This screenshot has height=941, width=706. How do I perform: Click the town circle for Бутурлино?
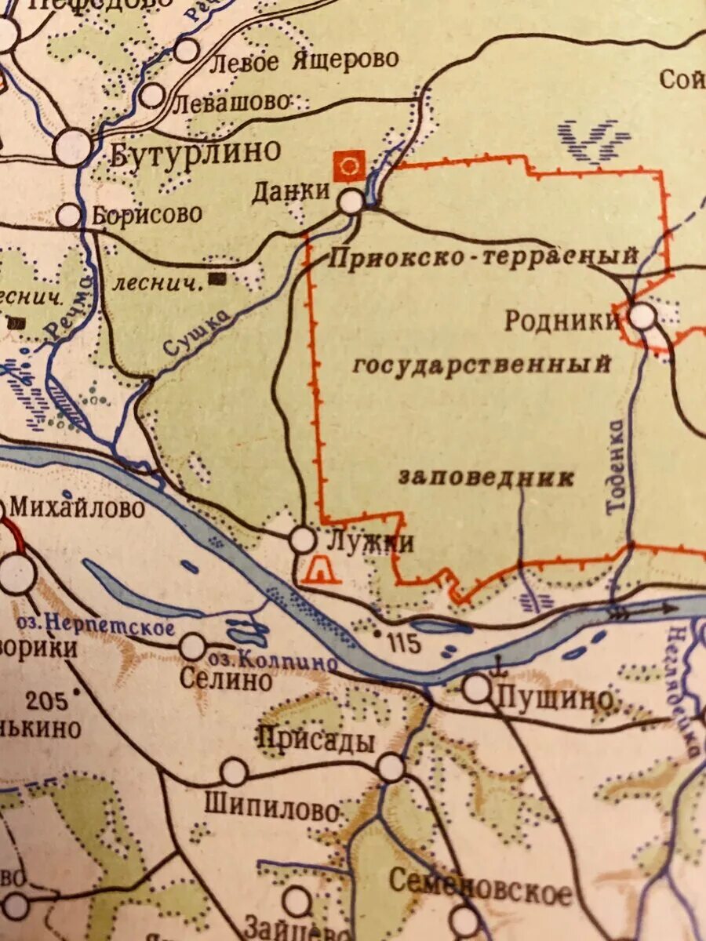[72, 147]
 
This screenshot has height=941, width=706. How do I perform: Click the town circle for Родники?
[642, 317]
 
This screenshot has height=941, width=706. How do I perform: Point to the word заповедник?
[486, 478]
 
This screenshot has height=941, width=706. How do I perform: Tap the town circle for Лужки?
[302, 540]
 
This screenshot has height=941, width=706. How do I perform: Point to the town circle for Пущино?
[476, 689]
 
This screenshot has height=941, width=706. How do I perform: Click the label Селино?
[225, 679]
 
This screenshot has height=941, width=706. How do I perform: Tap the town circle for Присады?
[391, 768]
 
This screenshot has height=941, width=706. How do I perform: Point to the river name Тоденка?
[617, 467]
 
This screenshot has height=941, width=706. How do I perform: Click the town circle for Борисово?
[69, 215]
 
